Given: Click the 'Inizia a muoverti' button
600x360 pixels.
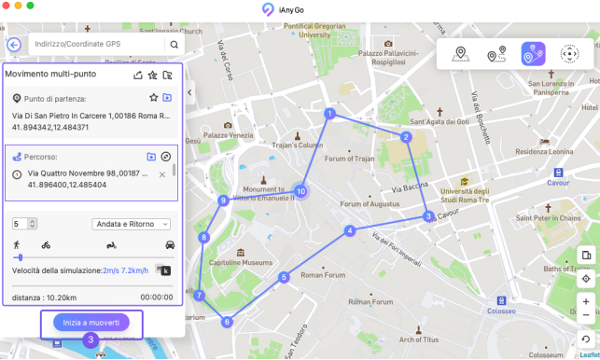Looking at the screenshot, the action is click(x=91, y=322).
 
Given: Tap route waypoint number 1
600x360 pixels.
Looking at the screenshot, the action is click(x=329, y=114).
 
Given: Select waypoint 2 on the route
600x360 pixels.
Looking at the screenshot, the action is click(x=407, y=137).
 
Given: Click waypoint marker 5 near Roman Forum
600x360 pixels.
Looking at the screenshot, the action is click(x=285, y=277).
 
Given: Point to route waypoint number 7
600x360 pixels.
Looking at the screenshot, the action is click(x=199, y=296).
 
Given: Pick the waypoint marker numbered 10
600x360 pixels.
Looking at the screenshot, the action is click(x=300, y=191).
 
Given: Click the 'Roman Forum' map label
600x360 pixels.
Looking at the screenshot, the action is click(x=323, y=275).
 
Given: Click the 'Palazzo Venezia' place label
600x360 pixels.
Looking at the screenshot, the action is click(x=229, y=135).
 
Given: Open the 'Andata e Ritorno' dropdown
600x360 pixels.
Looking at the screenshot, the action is click(x=131, y=224).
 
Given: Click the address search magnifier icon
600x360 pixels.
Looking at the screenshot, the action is click(x=174, y=44).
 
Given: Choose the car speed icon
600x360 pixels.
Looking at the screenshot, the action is click(x=170, y=244).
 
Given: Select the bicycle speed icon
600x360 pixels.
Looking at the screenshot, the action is click(x=46, y=244).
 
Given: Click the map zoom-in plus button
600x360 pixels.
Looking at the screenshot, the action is click(x=585, y=301).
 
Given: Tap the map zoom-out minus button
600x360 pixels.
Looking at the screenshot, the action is click(x=585, y=316).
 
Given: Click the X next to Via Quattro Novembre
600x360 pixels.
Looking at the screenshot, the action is click(x=162, y=174).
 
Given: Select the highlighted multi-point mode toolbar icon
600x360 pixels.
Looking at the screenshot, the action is click(x=533, y=55).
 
